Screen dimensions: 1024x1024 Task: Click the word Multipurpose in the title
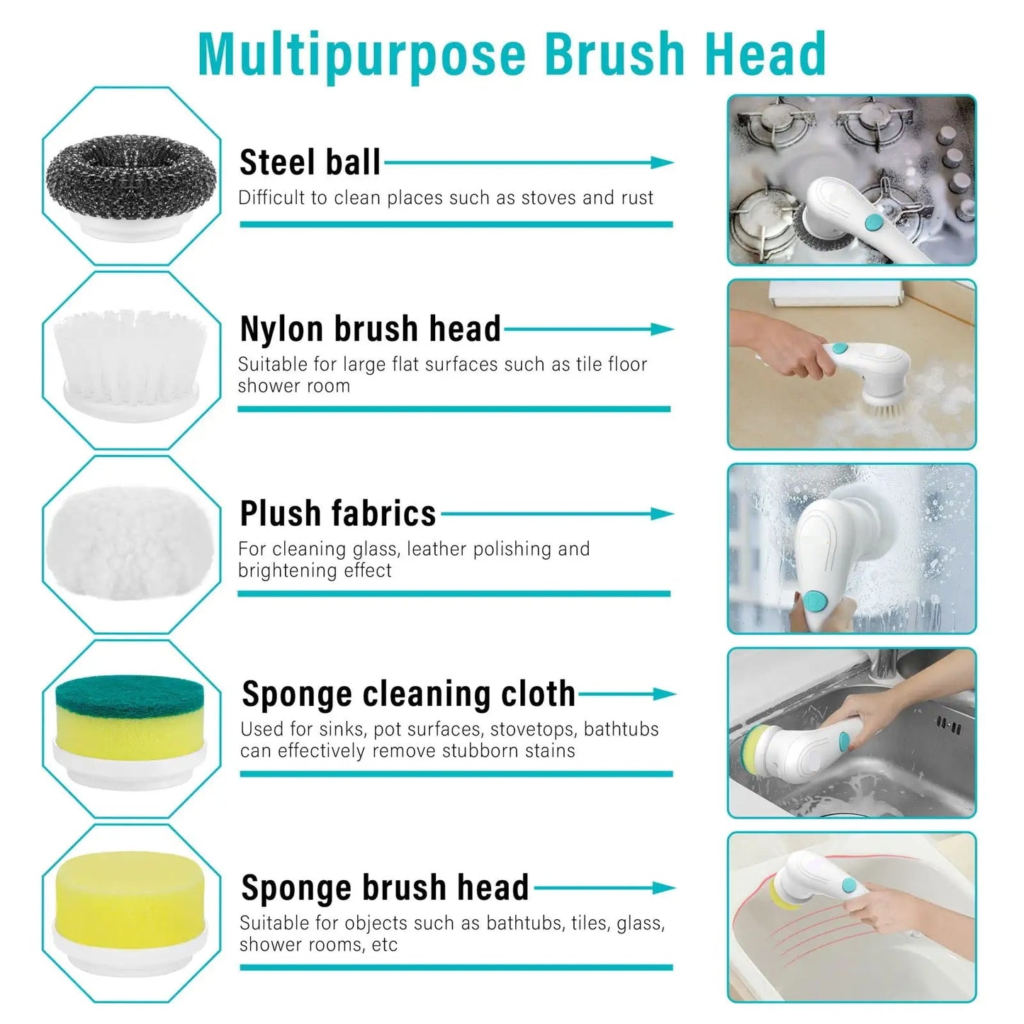tap(362, 55)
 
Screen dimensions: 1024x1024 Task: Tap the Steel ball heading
tap(310, 162)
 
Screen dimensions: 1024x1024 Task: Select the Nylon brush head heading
tap(370, 329)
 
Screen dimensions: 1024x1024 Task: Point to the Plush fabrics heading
tap(337, 514)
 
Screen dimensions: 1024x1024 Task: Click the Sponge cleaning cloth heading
tap(408, 694)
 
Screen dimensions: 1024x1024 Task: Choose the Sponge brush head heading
tap(385, 887)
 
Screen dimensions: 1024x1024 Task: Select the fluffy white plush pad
tap(132, 543)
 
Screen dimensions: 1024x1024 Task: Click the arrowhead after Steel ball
tap(663, 162)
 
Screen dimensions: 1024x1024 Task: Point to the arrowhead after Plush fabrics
tap(663, 514)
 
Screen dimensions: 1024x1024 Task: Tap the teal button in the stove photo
tap(874, 223)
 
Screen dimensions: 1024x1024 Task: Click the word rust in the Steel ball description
tap(637, 198)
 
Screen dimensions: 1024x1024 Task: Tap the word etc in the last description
tap(385, 945)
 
